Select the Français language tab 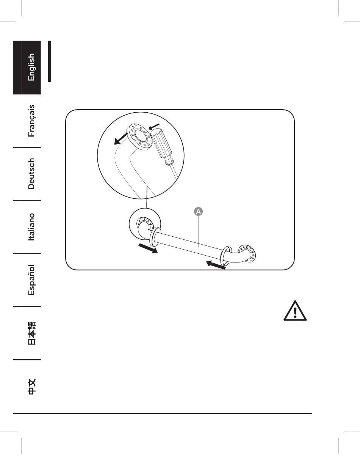point(31,121)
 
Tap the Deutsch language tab point(31,174)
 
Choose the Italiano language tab point(31,227)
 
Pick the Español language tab point(31,280)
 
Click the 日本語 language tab point(31,333)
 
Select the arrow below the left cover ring point(148,249)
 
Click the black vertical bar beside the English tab point(50,61)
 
